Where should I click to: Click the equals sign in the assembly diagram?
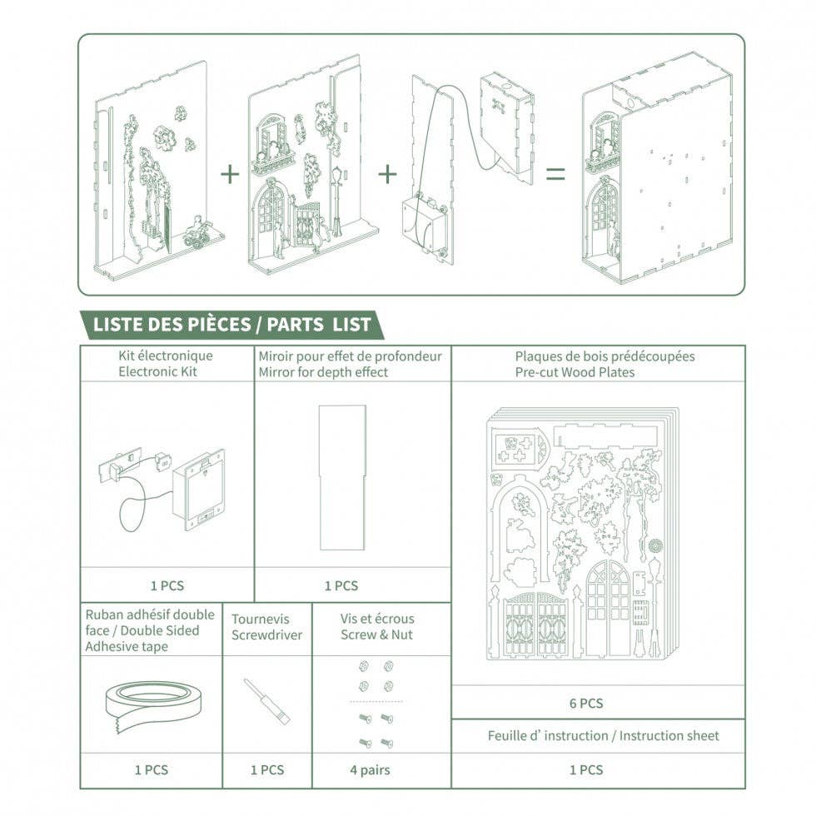555,174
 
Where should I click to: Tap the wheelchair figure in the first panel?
197,234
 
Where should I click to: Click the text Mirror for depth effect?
323,372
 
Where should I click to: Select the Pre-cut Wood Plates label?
575,372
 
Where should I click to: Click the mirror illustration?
341,477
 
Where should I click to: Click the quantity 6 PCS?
586,704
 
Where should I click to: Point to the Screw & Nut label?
376,635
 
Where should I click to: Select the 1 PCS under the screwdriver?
267,770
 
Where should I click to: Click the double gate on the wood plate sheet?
529,626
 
